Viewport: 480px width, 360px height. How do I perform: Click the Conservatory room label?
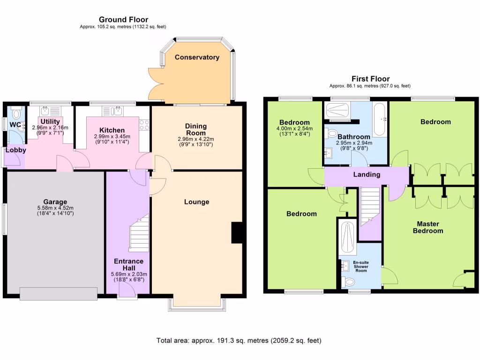point(197,57)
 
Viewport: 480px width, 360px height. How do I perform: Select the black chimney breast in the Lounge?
point(237,233)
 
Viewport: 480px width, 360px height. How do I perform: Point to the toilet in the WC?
point(17,113)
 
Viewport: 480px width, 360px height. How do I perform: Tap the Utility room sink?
point(45,111)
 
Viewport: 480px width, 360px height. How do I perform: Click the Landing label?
point(367,174)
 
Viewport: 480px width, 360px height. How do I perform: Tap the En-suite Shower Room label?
point(360,266)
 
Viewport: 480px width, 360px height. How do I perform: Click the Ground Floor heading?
point(123,19)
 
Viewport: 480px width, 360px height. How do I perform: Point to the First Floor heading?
point(370,79)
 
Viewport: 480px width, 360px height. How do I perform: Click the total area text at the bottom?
point(239,340)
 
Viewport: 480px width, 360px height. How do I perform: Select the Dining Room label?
point(196,129)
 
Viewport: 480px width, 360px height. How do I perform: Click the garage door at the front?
point(59,293)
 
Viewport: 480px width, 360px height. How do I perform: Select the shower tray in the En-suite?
point(347,236)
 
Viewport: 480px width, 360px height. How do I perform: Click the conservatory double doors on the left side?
point(155,84)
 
